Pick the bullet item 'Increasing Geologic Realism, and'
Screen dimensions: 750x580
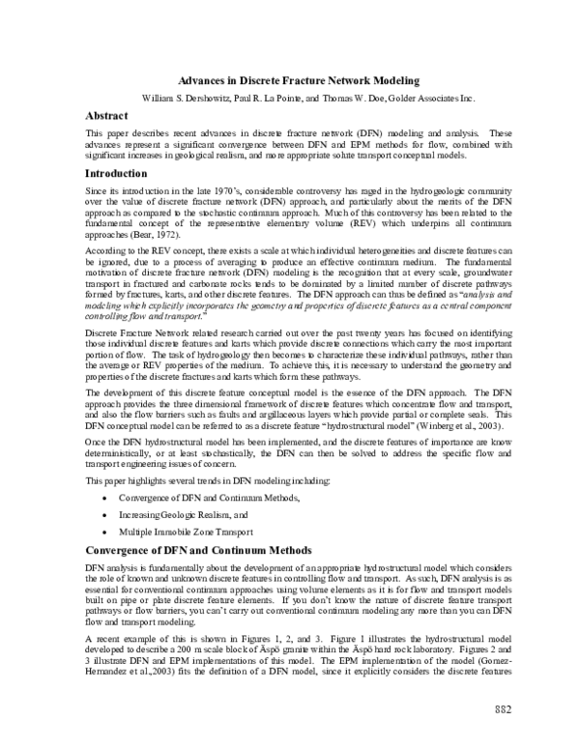183,515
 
